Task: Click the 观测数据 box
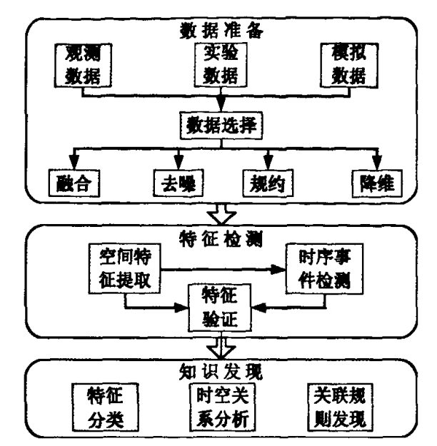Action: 83,66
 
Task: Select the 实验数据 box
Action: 221,64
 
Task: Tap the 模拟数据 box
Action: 349,66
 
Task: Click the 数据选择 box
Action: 221,126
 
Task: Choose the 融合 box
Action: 74,183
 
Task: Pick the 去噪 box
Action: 179,183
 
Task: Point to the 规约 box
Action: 268,183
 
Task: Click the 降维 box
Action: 377,183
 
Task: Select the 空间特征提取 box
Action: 124,268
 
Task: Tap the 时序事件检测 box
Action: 324,268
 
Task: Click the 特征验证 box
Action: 219,308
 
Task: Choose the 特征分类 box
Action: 105,407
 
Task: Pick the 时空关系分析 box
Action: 222,407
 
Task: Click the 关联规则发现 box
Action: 340,407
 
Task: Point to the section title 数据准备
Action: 221,31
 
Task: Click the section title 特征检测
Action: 221,238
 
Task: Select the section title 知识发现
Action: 221,372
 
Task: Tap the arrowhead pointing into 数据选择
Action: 221,105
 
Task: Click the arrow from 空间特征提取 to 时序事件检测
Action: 223,269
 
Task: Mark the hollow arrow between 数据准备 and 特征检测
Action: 221,214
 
